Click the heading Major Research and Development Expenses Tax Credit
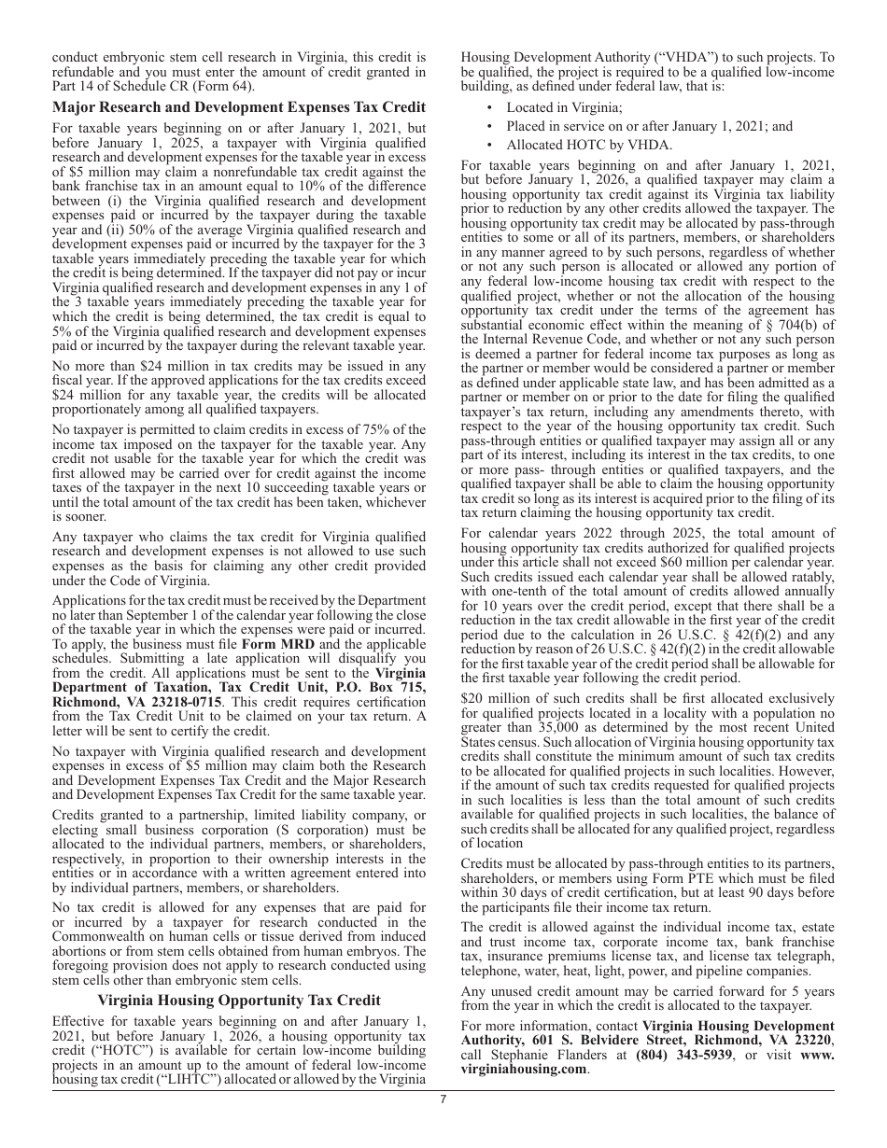click(x=239, y=107)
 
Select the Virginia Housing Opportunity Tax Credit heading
click(x=239, y=1000)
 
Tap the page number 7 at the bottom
click(x=443, y=1099)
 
